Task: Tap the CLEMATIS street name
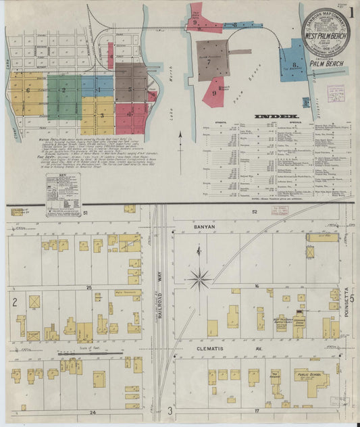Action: [x=206, y=351]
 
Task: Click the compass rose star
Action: [x=200, y=276]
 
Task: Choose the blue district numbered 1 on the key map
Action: [x=97, y=88]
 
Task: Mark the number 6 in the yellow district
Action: [x=28, y=90]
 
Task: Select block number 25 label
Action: [x=89, y=287]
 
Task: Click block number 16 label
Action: [x=257, y=286]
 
